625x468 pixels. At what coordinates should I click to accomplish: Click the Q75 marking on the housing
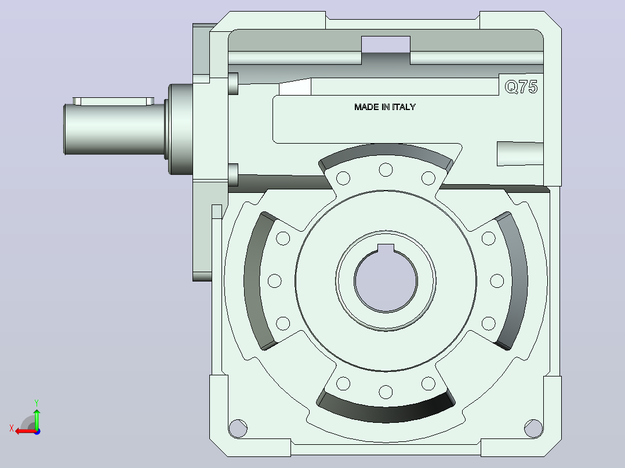[521, 87]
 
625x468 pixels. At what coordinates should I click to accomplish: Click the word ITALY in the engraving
[404, 107]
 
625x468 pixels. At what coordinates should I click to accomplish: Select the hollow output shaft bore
[386, 280]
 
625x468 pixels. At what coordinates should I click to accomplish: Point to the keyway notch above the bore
[386, 248]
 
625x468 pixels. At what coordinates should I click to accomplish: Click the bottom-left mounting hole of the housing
[238, 429]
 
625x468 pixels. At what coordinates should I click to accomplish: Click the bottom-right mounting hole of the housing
[533, 429]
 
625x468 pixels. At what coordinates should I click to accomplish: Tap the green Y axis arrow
[37, 418]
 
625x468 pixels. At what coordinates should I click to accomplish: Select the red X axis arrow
[26, 431]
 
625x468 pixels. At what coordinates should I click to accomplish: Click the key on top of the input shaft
[114, 101]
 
